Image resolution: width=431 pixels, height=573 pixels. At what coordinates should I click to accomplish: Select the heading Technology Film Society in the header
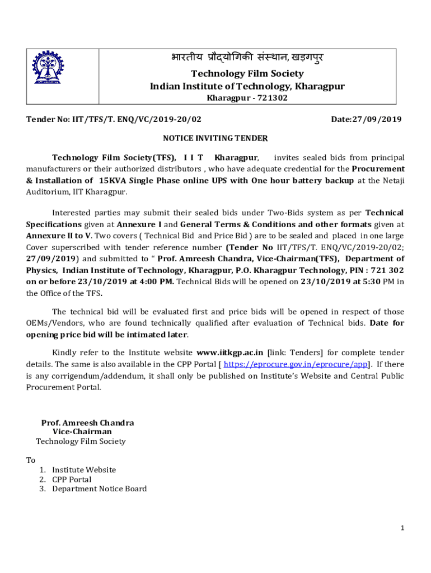click(247, 73)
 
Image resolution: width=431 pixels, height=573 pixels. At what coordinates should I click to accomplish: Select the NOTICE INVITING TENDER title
click(215, 138)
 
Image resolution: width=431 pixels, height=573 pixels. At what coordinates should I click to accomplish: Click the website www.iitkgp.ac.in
click(229, 353)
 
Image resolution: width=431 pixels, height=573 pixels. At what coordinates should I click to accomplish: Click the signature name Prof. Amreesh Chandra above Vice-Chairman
click(87, 423)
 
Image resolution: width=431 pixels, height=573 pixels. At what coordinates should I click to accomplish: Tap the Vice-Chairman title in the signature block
click(82, 432)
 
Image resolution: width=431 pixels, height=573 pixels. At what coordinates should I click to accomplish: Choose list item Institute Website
click(84, 470)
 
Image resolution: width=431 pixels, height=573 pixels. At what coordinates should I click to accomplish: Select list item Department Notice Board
click(100, 489)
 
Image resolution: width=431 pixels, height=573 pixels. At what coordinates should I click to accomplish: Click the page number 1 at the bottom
click(402, 528)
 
